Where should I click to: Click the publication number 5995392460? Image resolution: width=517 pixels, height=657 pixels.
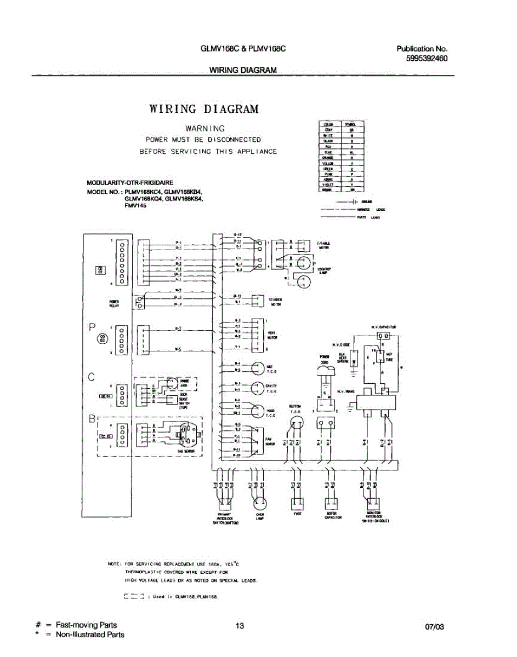click(427, 59)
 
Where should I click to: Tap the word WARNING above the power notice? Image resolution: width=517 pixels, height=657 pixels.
click(205, 128)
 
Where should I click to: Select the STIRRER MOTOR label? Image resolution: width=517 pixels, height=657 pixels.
click(275, 301)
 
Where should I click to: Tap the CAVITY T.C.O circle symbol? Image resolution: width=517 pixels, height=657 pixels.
click(257, 388)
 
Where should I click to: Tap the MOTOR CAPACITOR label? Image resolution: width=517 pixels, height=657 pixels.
click(331, 516)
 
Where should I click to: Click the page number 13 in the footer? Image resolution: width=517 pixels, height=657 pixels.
click(240, 626)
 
